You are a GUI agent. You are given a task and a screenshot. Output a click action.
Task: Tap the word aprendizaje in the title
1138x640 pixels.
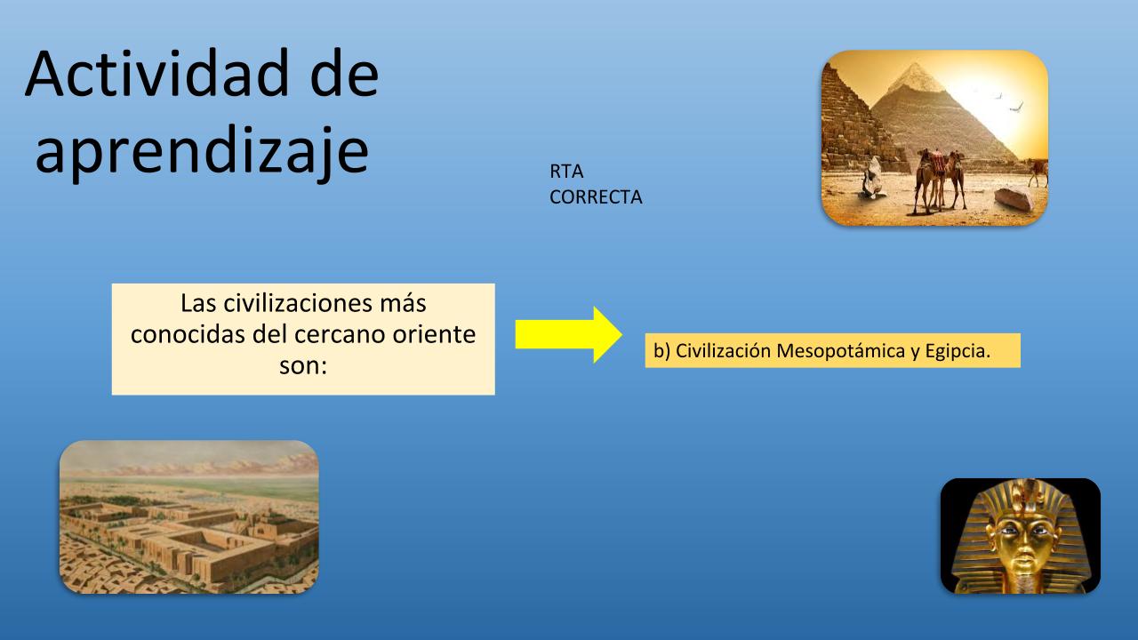point(202,151)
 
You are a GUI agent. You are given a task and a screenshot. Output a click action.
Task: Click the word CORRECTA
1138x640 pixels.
point(596,197)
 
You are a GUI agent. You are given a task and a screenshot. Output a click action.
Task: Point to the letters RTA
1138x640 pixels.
point(566,172)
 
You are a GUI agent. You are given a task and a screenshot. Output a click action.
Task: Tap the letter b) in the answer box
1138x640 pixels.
point(661,351)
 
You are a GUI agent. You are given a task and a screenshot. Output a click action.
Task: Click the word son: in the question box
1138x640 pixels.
point(303,365)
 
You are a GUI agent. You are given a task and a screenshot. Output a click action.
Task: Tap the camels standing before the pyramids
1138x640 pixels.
point(940,181)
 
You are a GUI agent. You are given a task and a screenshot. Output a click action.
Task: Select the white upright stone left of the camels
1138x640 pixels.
point(873,177)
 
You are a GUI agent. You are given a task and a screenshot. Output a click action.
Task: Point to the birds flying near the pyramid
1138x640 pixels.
point(1008,101)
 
